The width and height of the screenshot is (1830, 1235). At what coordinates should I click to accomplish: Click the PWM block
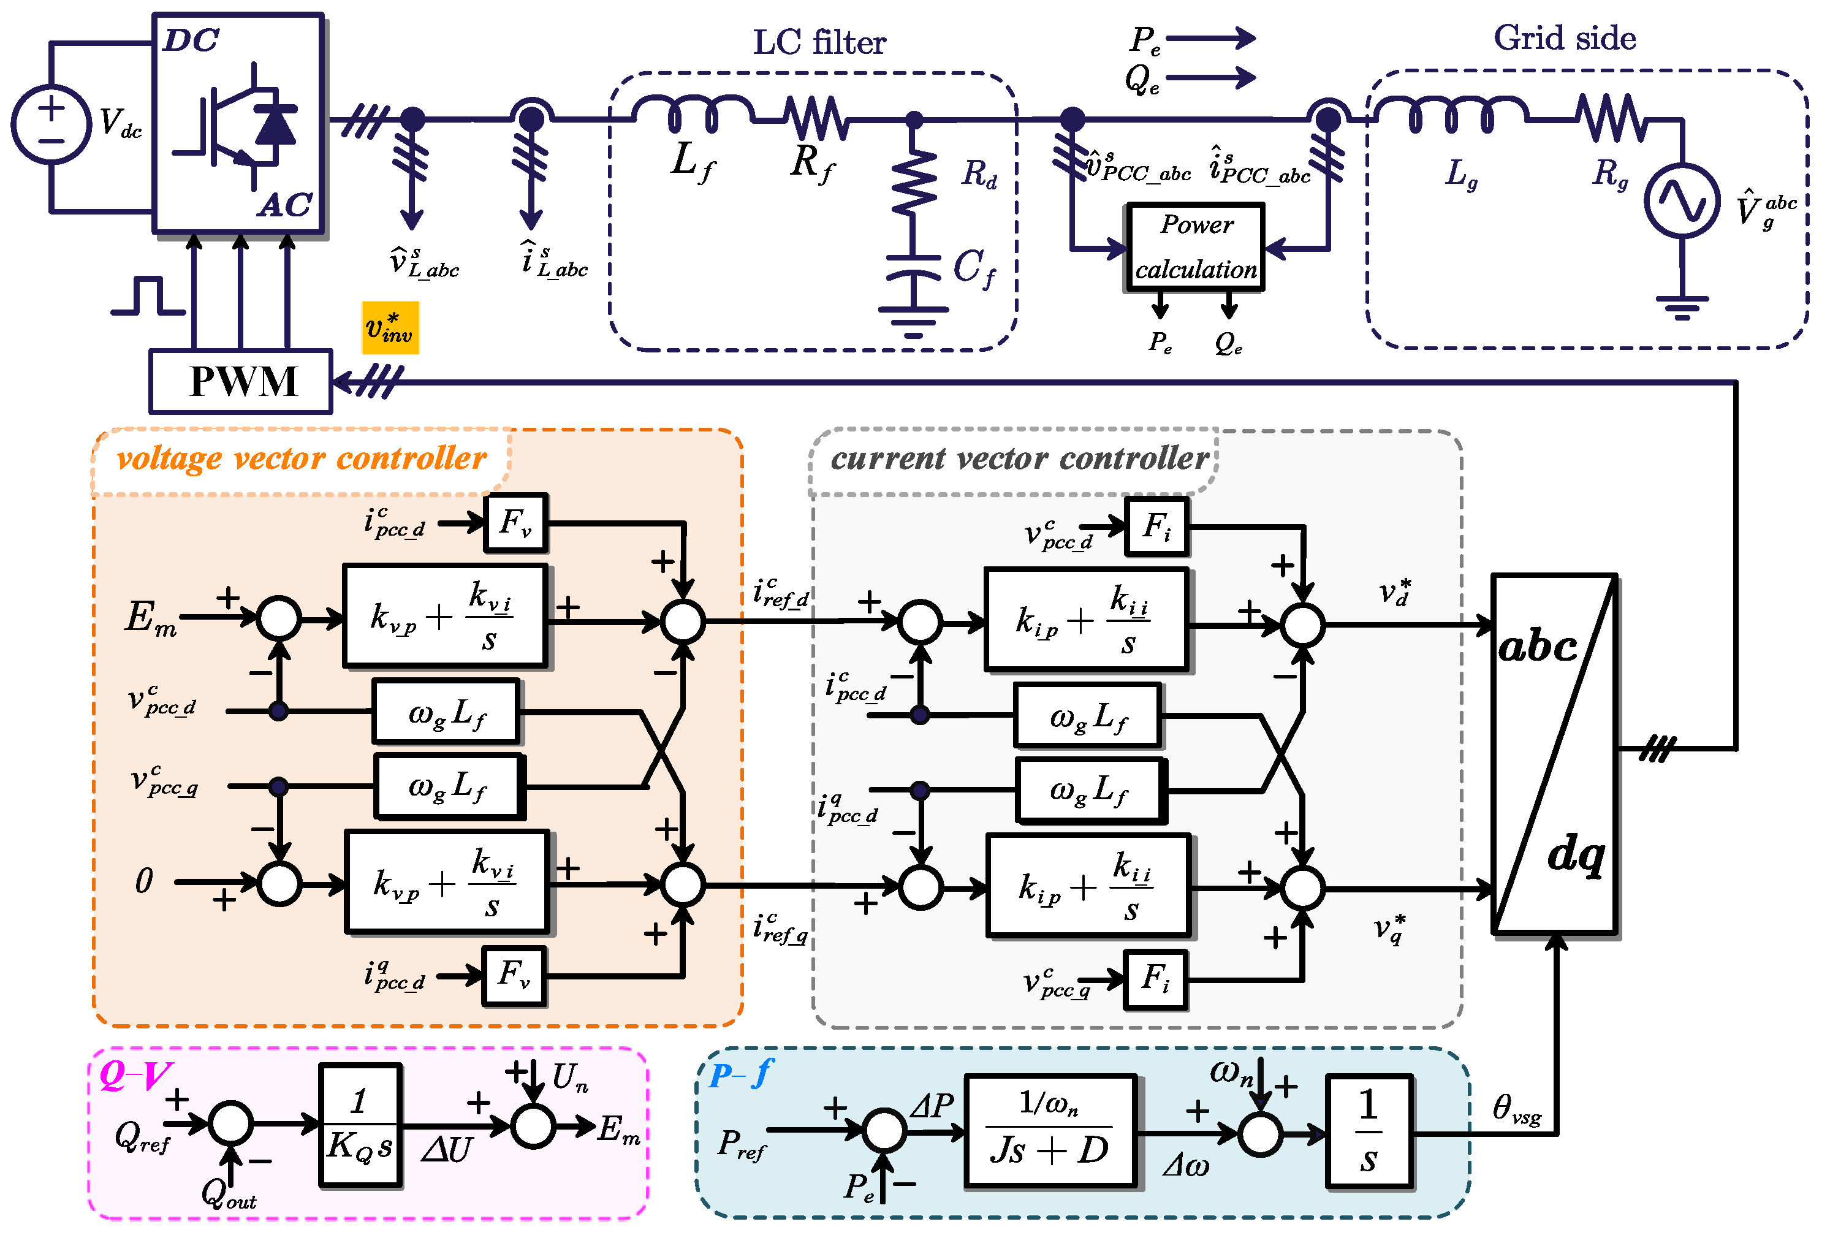[241, 382]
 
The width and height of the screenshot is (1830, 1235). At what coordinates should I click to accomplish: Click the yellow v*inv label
[390, 328]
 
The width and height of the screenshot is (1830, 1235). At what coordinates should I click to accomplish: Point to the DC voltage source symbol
[51, 124]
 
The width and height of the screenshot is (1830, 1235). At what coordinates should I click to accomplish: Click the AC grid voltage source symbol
[1681, 201]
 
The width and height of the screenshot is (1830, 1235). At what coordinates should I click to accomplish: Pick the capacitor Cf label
[974, 268]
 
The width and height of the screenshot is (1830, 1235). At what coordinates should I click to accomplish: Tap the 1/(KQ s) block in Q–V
[360, 1125]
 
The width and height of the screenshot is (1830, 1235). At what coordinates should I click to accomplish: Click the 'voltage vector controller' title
[302, 459]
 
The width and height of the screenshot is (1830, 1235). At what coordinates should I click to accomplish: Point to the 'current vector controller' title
[1019, 459]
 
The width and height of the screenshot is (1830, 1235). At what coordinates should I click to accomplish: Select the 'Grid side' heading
[1565, 38]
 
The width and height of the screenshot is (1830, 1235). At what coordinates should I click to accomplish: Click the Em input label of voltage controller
[150, 618]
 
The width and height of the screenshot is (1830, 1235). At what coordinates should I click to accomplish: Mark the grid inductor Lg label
[1460, 173]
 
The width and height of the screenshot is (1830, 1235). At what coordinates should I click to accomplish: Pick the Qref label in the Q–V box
[142, 1136]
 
